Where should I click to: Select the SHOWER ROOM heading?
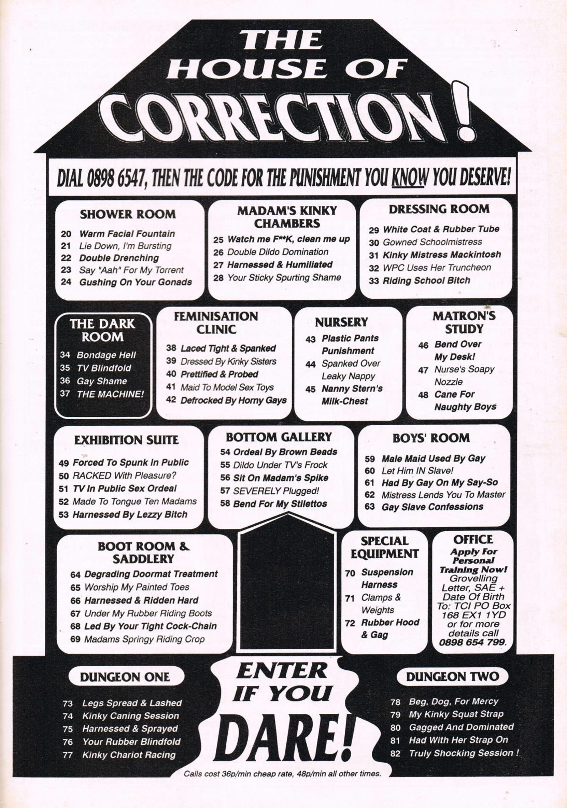128,214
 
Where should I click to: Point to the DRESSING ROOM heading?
439,209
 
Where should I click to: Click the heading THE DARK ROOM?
102,330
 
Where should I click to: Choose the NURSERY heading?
341,322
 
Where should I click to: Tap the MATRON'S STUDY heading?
464,322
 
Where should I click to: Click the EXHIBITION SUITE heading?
126,440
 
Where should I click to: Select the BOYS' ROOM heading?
431,438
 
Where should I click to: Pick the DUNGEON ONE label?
125,677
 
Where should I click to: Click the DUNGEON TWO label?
452,676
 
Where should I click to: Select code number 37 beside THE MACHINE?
65,393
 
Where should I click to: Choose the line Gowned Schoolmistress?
432,242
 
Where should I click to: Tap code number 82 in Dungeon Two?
396,754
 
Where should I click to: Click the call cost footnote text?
282,774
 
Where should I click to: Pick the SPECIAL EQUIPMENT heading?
385,547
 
